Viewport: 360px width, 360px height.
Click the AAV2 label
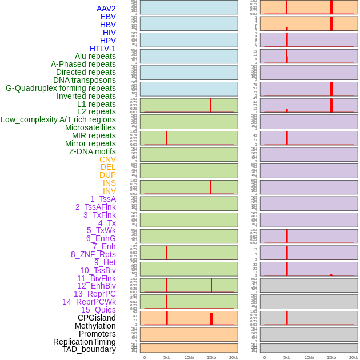[106, 9]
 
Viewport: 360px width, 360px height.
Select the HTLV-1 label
[103, 49]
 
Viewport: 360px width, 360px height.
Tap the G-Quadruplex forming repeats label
[61, 88]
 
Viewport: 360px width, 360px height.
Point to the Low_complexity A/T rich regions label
[58, 119]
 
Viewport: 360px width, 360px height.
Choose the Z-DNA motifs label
[93, 151]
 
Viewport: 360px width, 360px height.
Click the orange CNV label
[107, 159]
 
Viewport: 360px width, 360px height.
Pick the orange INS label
[109, 183]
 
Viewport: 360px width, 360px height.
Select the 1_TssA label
[103, 199]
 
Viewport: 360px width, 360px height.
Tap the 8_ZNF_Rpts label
[93, 254]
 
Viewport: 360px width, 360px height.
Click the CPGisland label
[97, 318]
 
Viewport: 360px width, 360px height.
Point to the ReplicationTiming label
[85, 342]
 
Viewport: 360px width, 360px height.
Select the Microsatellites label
[90, 127]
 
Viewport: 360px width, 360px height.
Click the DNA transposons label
[85, 80]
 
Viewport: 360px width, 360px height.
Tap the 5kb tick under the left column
[167, 357]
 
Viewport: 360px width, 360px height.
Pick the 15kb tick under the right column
[331, 357]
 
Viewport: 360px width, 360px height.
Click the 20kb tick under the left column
[234, 357]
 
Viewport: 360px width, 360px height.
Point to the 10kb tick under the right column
[309, 357]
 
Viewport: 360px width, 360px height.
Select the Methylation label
[95, 326]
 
